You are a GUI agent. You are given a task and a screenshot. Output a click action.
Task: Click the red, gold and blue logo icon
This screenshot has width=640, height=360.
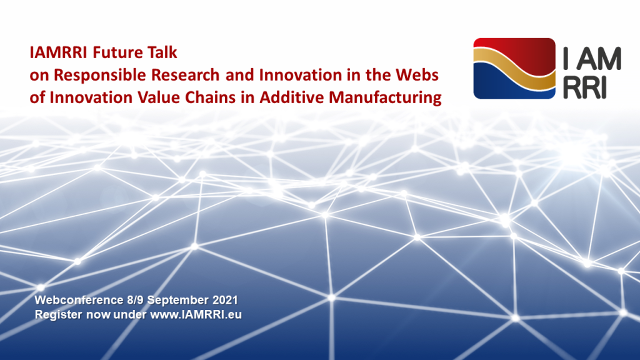514,69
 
